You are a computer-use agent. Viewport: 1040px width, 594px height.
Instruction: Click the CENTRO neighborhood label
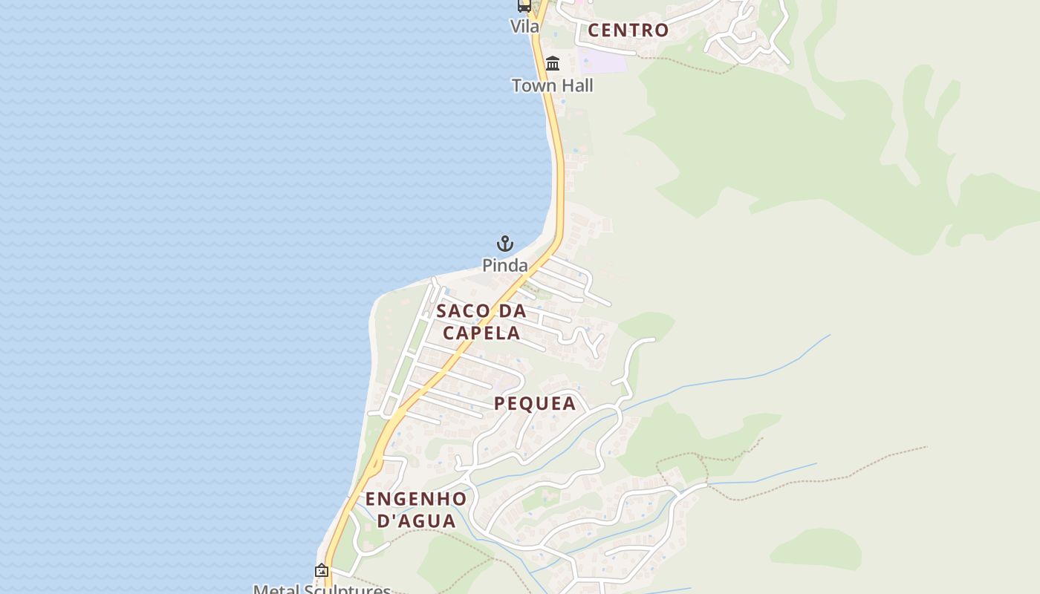point(628,30)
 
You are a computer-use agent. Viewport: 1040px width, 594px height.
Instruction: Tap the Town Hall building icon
point(553,64)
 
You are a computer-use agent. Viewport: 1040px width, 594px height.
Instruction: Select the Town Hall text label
point(553,85)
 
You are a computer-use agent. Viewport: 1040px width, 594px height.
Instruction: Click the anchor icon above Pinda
point(505,244)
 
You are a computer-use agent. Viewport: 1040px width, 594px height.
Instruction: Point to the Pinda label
point(505,265)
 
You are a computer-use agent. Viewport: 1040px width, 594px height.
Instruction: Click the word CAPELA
point(481,333)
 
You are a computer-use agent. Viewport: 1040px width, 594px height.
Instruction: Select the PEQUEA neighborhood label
point(535,403)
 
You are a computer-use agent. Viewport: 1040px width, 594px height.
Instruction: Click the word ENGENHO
point(416,499)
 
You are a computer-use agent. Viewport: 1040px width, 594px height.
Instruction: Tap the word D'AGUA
point(416,520)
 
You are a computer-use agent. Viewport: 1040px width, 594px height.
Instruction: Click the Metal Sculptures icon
point(322,571)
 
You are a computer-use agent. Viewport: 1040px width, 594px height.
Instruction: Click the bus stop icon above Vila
point(524,6)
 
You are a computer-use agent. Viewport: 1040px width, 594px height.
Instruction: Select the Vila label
point(524,26)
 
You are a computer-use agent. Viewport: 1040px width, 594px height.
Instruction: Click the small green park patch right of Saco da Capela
point(646,325)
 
